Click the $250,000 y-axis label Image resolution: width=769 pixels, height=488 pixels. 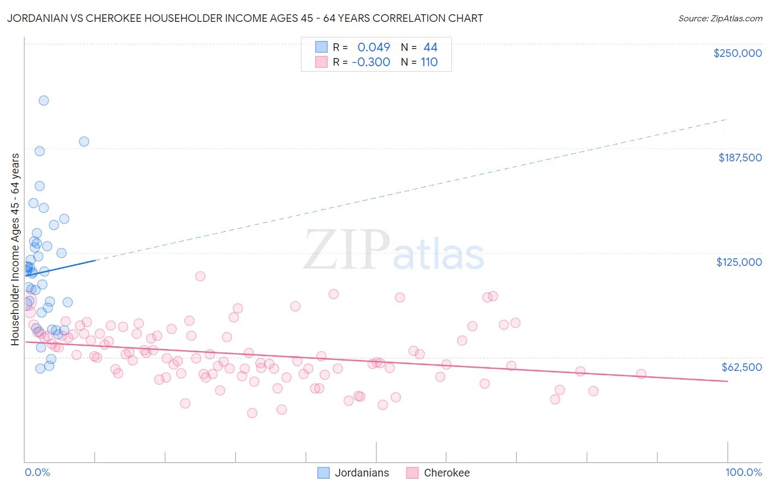click(x=737, y=53)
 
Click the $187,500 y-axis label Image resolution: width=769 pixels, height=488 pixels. click(x=739, y=158)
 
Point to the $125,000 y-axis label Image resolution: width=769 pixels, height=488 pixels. click(x=739, y=262)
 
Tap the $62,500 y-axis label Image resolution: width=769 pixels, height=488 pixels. click(x=741, y=367)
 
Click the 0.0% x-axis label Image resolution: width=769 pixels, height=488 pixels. click(x=37, y=472)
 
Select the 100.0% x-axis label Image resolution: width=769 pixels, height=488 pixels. click(x=743, y=472)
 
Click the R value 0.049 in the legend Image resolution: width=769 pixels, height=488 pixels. click(x=374, y=48)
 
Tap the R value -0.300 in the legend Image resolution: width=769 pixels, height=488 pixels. click(x=371, y=62)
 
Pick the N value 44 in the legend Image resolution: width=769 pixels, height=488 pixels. click(x=430, y=48)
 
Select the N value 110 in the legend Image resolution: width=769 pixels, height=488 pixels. click(x=429, y=62)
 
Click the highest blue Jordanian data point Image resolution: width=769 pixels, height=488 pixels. click(x=44, y=101)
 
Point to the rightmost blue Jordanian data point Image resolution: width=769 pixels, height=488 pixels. click(x=84, y=142)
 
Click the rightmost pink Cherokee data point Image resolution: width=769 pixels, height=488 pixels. click(x=641, y=374)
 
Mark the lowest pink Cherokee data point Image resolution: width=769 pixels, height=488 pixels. click(x=252, y=413)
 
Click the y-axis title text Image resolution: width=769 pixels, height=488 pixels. click(x=15, y=249)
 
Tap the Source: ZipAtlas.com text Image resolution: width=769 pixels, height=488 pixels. click(x=720, y=19)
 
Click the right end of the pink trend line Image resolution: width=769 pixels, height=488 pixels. click(x=727, y=381)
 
